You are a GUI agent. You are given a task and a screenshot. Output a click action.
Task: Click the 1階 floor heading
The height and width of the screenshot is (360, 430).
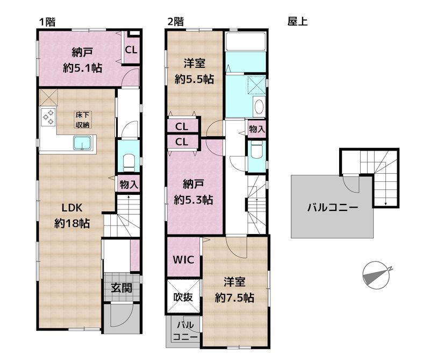click(x=48, y=22)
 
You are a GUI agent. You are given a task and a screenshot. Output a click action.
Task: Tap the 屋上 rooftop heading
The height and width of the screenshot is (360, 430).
click(x=297, y=22)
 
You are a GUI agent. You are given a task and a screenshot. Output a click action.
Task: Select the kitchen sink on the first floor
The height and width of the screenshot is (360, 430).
click(x=82, y=143)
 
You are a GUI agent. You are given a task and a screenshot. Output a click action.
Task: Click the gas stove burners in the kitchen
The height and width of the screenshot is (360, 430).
click(x=48, y=117)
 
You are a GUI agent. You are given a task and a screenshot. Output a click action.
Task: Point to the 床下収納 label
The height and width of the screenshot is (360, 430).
click(x=82, y=119)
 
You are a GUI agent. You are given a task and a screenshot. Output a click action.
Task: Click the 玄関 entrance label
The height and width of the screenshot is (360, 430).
click(x=122, y=288)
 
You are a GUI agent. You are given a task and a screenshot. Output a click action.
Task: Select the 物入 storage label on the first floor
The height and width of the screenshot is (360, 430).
click(x=128, y=184)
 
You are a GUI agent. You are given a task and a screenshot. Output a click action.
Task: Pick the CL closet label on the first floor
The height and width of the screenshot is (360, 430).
click(x=131, y=50)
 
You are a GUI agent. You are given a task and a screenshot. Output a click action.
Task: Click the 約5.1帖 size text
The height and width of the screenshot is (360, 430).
click(x=83, y=68)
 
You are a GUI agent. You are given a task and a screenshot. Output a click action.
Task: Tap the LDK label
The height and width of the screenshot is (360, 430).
click(x=71, y=208)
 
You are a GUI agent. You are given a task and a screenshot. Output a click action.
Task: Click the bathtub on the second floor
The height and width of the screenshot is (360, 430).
click(x=246, y=41)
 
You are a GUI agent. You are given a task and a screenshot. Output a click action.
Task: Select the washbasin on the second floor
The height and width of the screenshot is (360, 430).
click(x=259, y=106)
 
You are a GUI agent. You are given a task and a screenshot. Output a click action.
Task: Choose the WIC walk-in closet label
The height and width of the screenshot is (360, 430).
click(x=183, y=259)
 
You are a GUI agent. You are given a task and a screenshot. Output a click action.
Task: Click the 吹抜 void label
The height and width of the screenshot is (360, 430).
click(x=183, y=297)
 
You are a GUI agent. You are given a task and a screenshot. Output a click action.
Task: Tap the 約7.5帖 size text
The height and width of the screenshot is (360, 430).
click(x=234, y=298)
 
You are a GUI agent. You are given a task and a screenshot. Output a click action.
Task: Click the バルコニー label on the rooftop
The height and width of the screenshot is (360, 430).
click(x=332, y=207)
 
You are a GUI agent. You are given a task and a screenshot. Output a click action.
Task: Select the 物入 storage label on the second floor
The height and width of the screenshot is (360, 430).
click(x=257, y=129)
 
